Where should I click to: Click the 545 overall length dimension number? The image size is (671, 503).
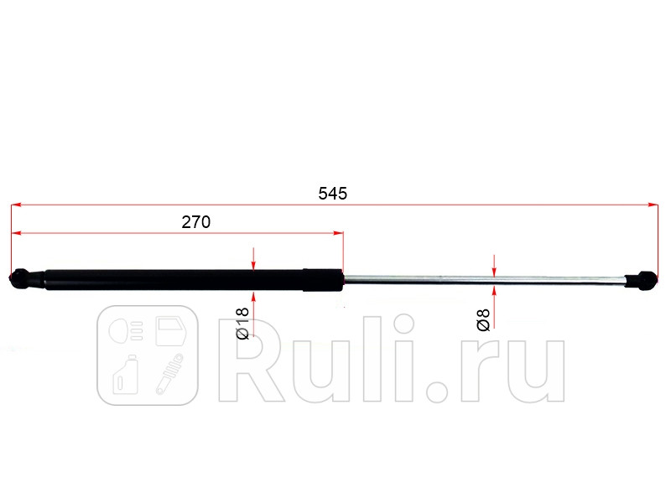(x=332, y=193)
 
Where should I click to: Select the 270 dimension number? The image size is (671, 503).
(x=195, y=222)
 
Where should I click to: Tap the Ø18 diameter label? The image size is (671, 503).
(x=242, y=324)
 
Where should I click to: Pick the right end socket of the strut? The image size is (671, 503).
(x=643, y=280)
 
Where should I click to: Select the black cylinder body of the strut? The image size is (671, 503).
(x=168, y=280)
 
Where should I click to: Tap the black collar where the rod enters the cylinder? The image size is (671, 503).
(x=323, y=280)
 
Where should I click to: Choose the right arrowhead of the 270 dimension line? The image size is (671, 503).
(x=338, y=233)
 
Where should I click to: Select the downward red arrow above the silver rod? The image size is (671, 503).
(x=495, y=268)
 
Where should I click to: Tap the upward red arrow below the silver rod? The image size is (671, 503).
(x=495, y=293)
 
